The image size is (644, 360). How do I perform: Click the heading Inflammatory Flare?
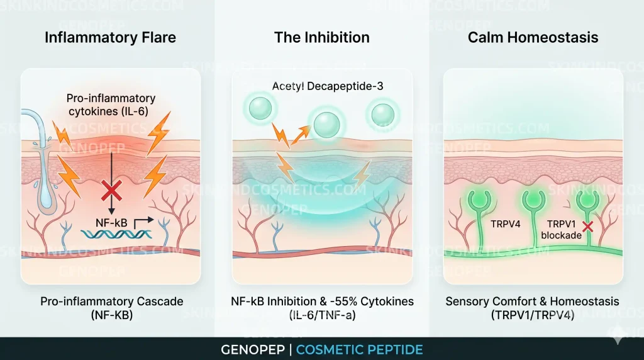pyautogui.click(x=110, y=37)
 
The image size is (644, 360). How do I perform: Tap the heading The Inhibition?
pyautogui.click(x=322, y=37)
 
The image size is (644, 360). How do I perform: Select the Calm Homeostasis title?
pyautogui.click(x=533, y=37)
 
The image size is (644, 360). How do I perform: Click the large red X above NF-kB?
pyautogui.click(x=111, y=190)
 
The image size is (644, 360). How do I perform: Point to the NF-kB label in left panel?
pyautogui.click(x=111, y=223)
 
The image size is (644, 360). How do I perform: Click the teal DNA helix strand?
pyautogui.click(x=116, y=234)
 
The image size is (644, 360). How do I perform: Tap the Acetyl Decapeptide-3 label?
pyautogui.click(x=327, y=86)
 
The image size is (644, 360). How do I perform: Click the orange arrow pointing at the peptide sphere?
pyautogui.click(x=300, y=135)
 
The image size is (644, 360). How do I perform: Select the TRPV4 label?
pyautogui.click(x=505, y=224)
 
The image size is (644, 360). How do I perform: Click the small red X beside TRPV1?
pyautogui.click(x=588, y=227)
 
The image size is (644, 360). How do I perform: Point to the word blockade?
pyautogui.click(x=561, y=235)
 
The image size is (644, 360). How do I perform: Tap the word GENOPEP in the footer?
pyautogui.click(x=253, y=350)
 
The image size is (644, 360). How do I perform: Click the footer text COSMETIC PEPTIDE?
pyautogui.click(x=359, y=350)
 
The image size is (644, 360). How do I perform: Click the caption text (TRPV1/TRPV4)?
pyautogui.click(x=532, y=315)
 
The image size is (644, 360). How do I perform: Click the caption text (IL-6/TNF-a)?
pyautogui.click(x=323, y=315)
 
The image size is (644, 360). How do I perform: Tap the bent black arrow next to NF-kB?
pyautogui.click(x=143, y=222)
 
